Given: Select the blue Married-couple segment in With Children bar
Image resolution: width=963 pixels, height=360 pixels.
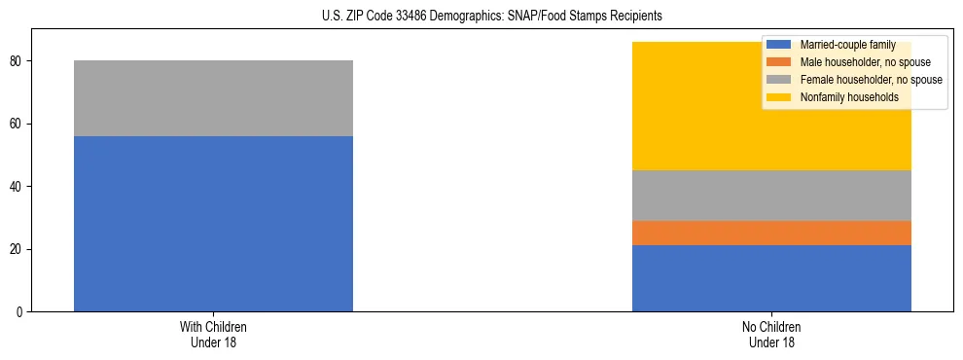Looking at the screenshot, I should click(213, 224).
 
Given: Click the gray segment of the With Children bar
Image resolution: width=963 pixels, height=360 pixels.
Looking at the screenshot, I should click(213, 98).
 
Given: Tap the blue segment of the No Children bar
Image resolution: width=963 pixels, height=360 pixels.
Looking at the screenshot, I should click(771, 278).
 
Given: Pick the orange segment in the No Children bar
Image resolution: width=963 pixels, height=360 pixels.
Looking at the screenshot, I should click(771, 233).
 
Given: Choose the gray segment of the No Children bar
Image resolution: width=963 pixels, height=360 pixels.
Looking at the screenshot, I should click(771, 196).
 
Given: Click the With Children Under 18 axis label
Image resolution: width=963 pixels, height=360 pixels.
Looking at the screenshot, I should click(213, 335).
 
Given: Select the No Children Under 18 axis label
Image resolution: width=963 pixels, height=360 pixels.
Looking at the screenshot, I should click(771, 335).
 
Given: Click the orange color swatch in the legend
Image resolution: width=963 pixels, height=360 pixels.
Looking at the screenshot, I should click(778, 62).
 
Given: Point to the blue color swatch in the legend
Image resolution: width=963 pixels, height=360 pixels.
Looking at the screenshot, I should click(778, 45).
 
